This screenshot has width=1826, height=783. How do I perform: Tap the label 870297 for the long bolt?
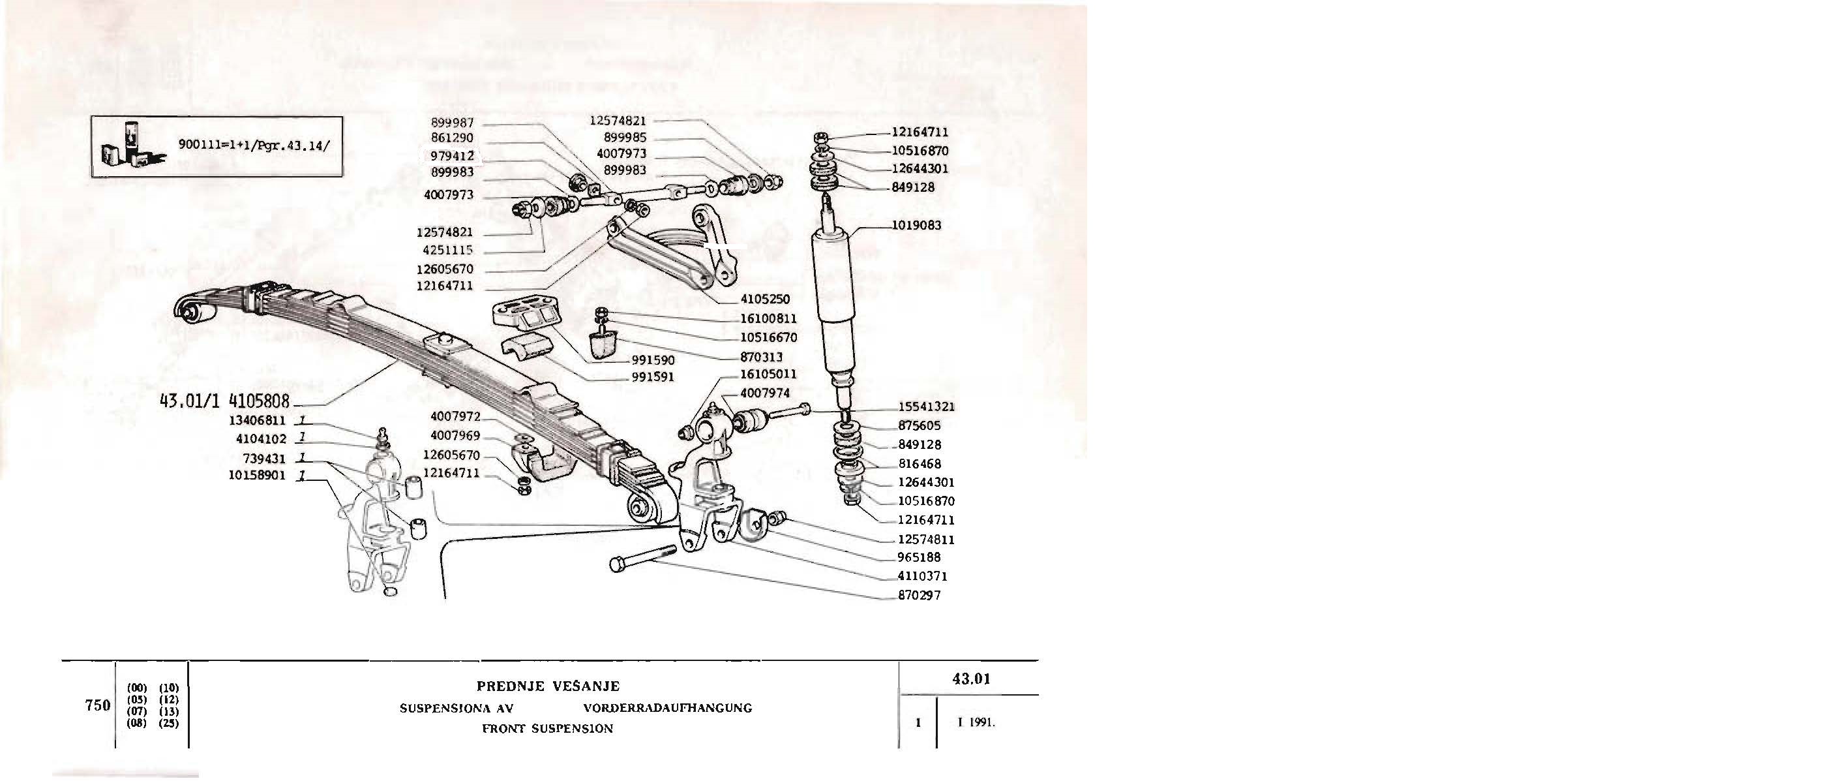919,596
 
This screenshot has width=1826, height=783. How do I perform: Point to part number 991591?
652,377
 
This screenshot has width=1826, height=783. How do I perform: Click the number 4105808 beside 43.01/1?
260,401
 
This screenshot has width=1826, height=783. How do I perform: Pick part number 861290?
451,138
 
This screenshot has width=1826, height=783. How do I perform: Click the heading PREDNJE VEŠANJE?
548,686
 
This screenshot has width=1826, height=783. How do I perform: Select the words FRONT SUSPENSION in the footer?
547,728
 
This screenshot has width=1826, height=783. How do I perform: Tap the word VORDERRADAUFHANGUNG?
667,708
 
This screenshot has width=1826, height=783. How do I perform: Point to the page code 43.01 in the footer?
970,679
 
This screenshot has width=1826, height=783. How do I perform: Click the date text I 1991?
976,724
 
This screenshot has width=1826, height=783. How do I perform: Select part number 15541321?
926,407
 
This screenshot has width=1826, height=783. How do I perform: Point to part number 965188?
919,558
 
